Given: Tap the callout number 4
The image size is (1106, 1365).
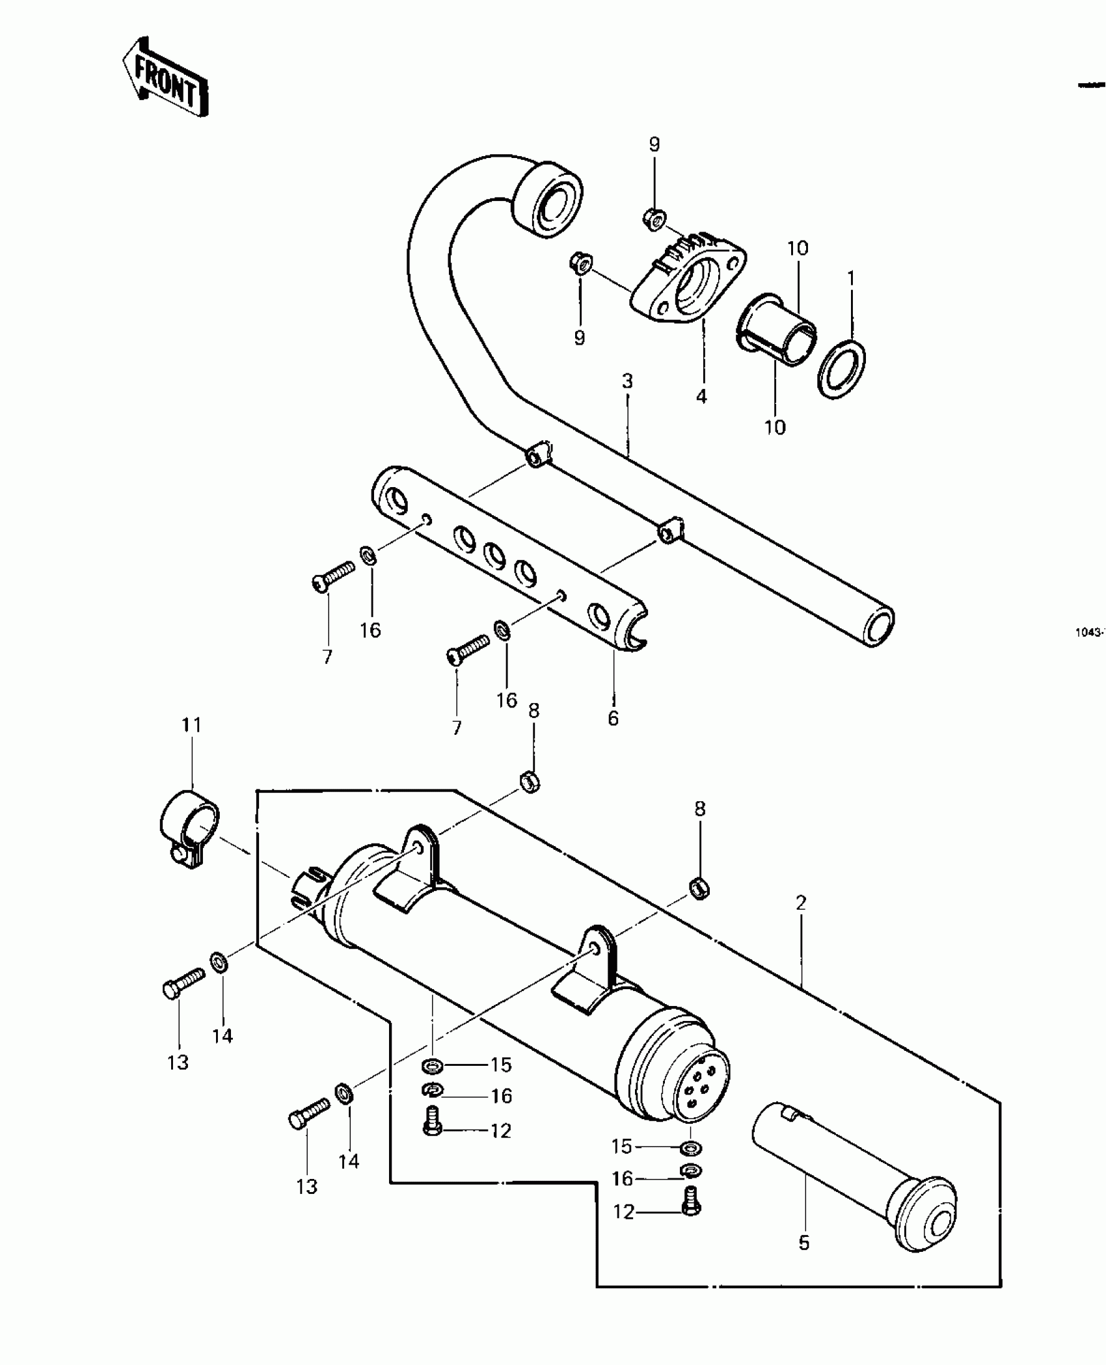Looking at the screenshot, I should pyautogui.click(x=701, y=396).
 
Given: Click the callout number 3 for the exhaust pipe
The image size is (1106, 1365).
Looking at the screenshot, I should pyautogui.click(x=627, y=381).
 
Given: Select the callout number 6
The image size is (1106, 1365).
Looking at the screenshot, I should pyautogui.click(x=613, y=719).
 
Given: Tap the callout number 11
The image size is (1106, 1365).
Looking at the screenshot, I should pyautogui.click(x=191, y=724).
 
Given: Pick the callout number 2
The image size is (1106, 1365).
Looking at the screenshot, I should pyautogui.click(x=801, y=903).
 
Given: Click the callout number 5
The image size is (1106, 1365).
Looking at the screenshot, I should pyautogui.click(x=804, y=1243).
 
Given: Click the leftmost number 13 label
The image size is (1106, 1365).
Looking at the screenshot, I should pyautogui.click(x=178, y=1063).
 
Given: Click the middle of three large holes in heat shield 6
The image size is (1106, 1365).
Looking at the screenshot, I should pyautogui.click(x=494, y=553).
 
